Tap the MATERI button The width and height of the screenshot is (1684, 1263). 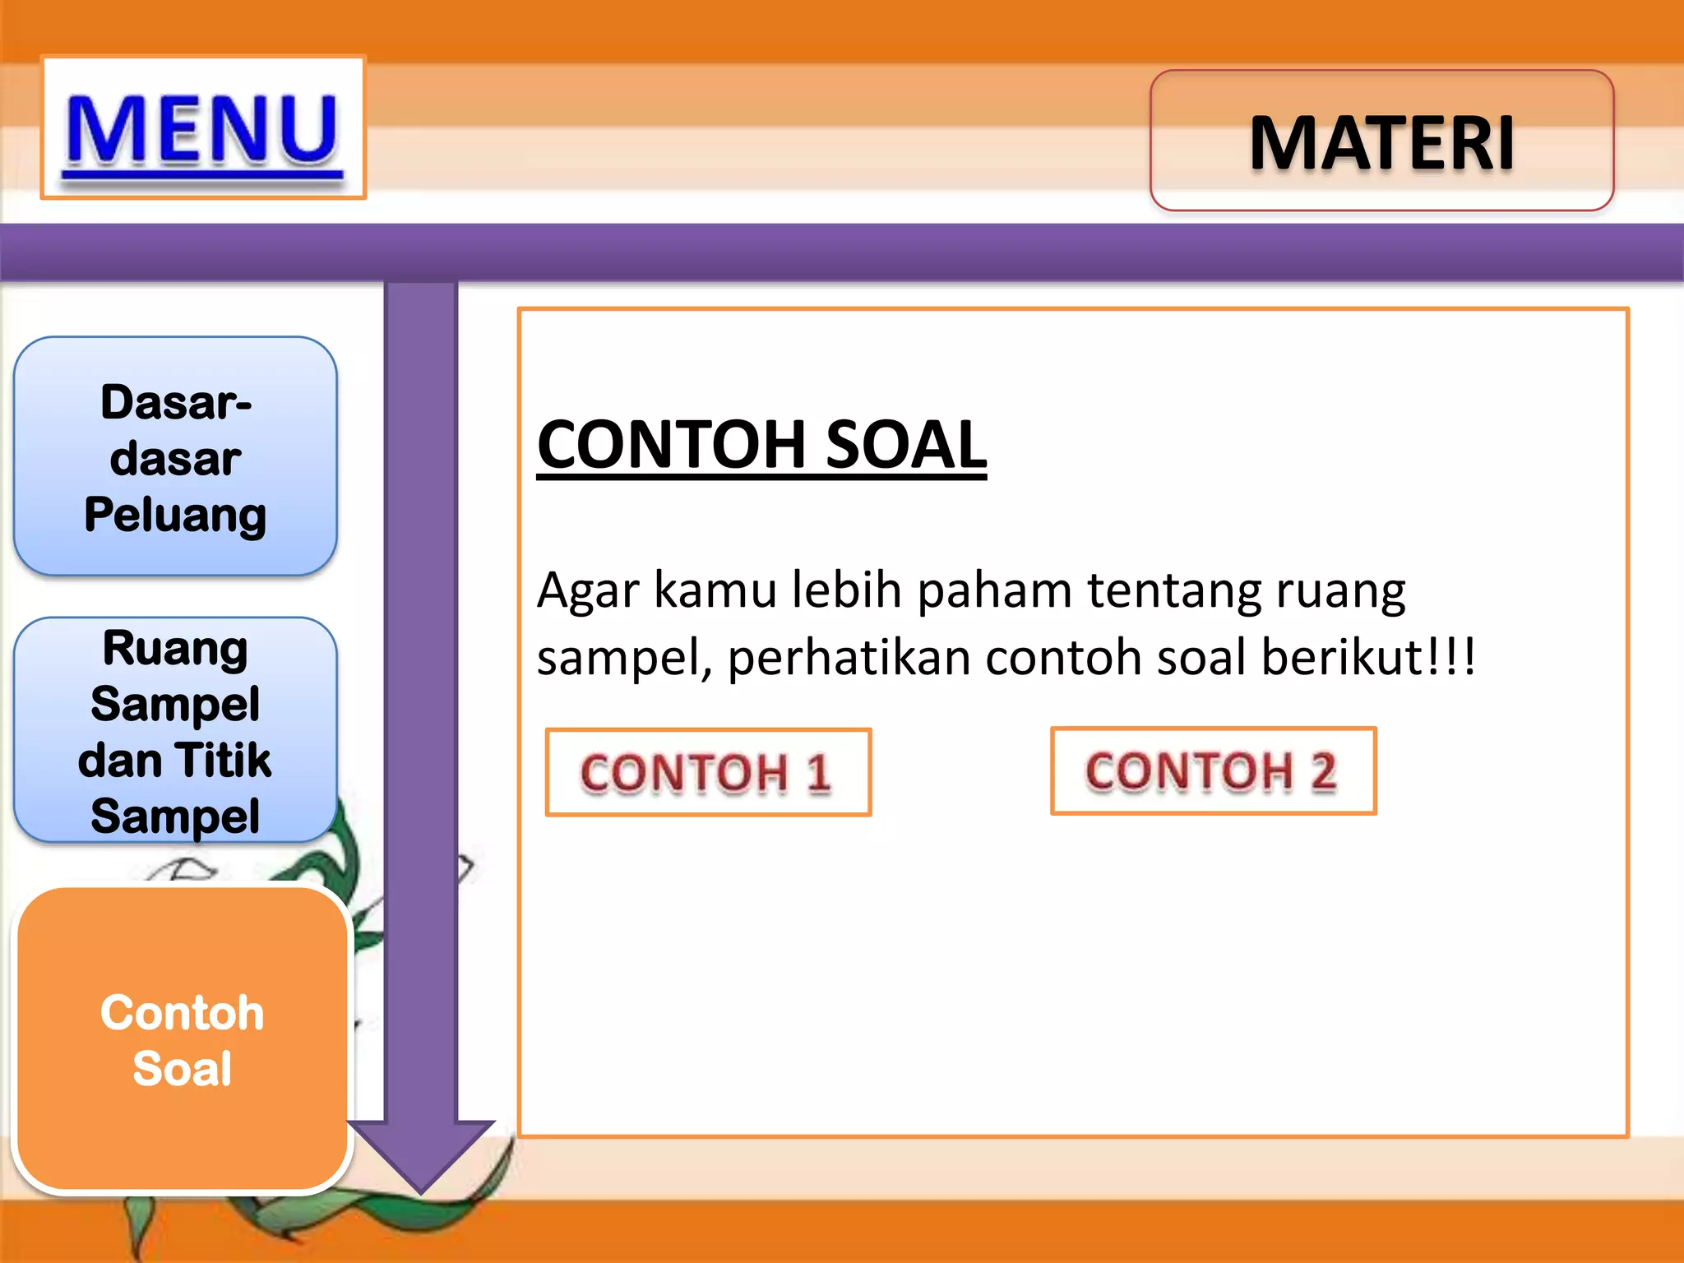1381,141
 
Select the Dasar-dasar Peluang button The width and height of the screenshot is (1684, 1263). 175,456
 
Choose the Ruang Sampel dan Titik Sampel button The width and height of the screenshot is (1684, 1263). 175,730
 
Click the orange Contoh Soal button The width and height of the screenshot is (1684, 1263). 183,1039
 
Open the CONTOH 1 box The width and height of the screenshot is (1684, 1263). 708,772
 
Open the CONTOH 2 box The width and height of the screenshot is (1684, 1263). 1213,771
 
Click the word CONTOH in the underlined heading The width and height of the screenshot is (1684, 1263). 671,445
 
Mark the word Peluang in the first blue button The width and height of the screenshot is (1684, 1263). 175,516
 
